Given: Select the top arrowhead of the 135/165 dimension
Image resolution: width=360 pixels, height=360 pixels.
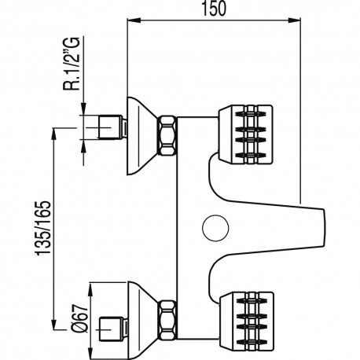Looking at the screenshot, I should (54, 129).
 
